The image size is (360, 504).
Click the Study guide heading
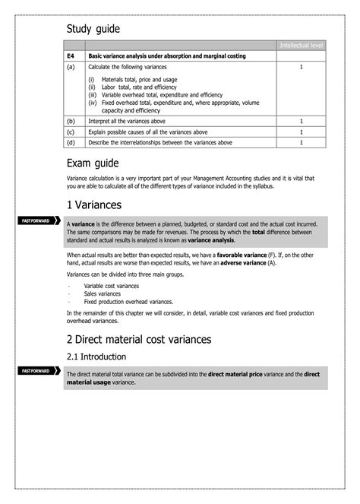[93, 29]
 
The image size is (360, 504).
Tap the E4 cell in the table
[71, 56]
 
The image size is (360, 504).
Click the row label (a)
[71, 67]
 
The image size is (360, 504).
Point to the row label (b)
[71, 121]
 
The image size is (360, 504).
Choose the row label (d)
[71, 142]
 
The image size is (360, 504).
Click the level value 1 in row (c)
[302, 132]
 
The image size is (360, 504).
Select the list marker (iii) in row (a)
[93, 94]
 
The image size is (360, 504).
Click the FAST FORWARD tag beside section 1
[37, 220]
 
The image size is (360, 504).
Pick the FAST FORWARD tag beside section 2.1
[37, 370]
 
